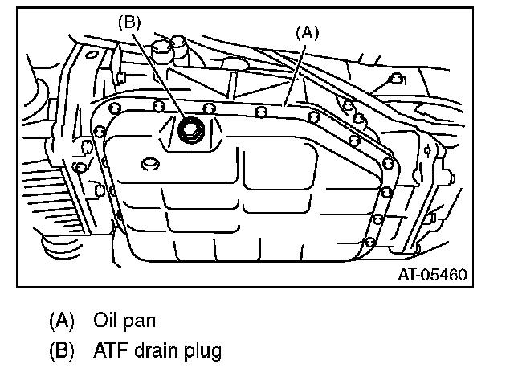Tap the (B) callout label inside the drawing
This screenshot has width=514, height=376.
(129, 22)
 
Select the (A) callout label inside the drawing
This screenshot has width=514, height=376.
(308, 33)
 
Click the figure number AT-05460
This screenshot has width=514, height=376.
(432, 275)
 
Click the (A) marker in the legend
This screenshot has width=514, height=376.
(61, 320)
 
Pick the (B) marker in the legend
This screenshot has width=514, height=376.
(61, 350)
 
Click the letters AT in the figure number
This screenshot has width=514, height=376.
(406, 275)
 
